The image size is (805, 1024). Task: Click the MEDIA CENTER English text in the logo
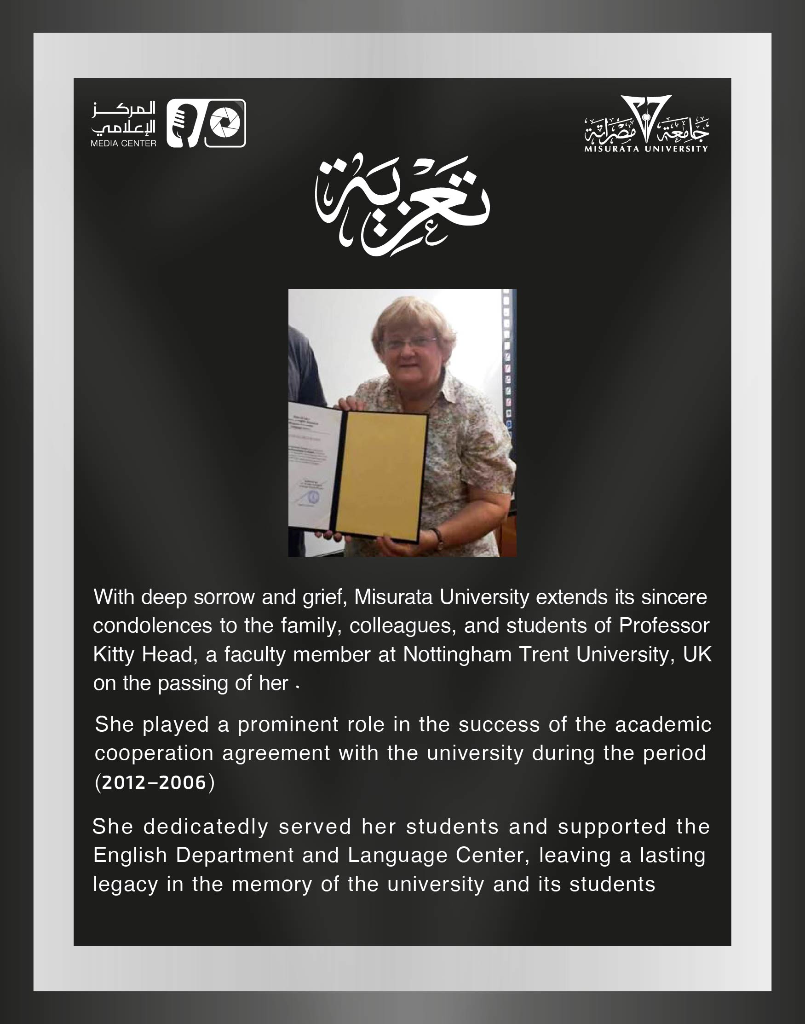[123, 143]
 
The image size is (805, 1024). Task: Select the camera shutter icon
[225, 123]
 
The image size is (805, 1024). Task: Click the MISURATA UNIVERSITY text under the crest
[646, 149]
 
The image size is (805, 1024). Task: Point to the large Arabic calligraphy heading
[402, 205]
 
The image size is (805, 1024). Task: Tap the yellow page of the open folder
[381, 477]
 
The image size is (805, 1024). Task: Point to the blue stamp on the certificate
[314, 497]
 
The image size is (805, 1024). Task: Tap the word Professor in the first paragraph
[664, 625]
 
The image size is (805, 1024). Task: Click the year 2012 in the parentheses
[123, 783]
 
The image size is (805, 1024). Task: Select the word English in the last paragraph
[130, 855]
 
